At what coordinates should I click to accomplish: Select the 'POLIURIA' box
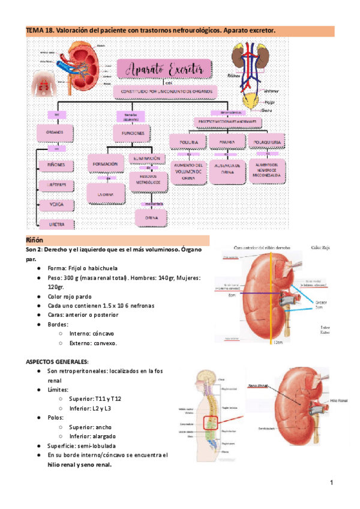(x=187, y=142)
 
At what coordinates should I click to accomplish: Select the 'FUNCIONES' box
(x=131, y=132)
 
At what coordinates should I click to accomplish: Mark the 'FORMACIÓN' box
(x=105, y=163)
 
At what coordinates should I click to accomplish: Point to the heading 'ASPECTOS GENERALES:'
(x=56, y=361)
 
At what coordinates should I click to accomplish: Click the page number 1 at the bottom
(x=331, y=483)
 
